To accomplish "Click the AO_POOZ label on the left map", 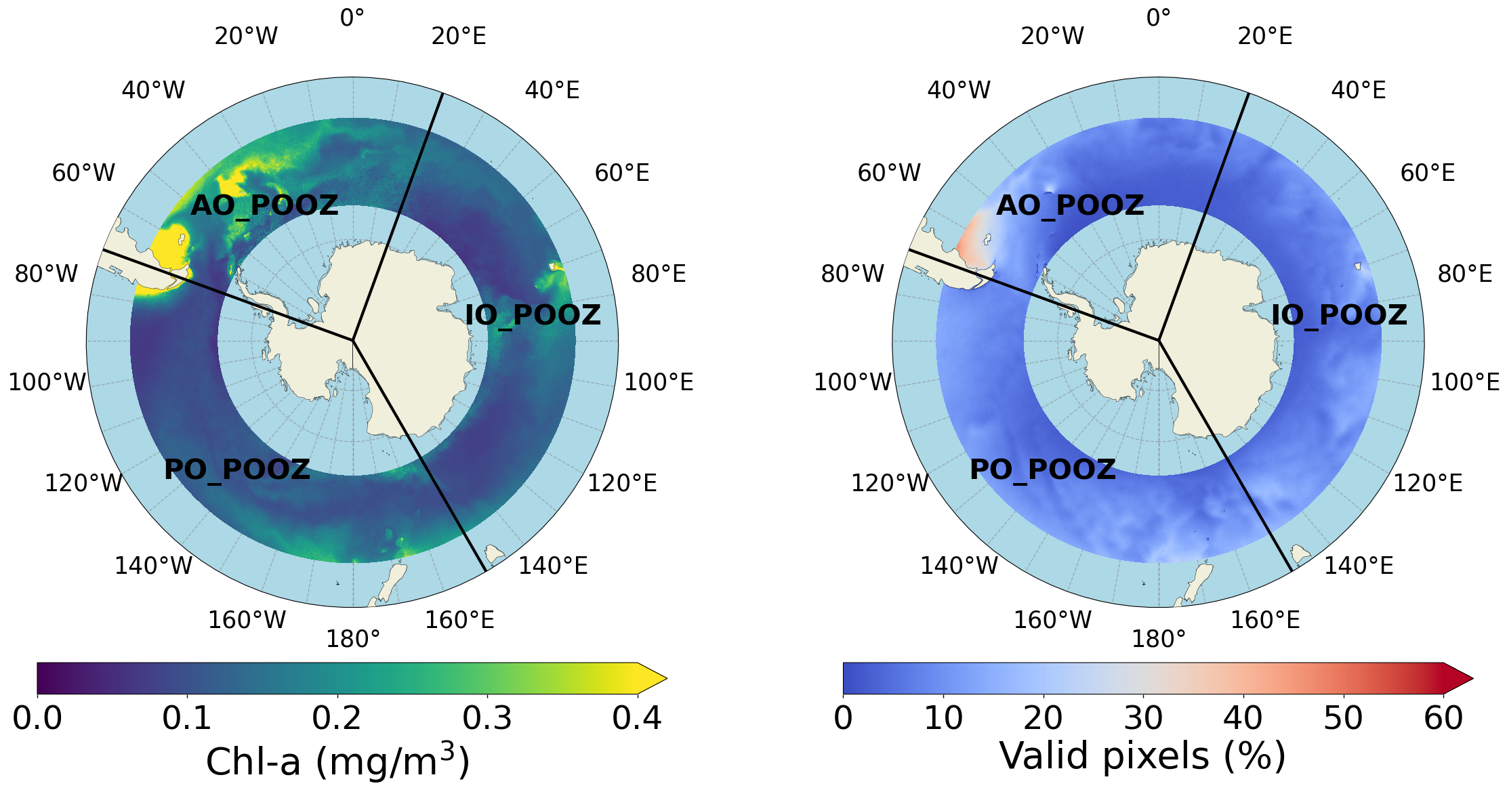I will [264, 205].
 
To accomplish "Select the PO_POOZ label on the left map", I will [237, 470].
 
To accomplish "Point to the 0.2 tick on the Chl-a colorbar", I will [337, 717].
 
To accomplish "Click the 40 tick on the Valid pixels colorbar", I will [1243, 717].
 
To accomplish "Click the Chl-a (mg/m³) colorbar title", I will [337, 762].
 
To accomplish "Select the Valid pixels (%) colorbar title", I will [1142, 756].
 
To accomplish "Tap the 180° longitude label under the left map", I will [353, 639].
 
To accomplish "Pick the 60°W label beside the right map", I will [889, 173].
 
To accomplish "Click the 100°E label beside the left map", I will [659, 382].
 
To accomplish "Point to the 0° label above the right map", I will [1159, 18].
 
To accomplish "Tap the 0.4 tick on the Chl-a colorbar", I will [637, 717].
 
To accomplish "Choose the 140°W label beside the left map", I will [153, 566].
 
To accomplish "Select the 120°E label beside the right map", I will [1428, 483].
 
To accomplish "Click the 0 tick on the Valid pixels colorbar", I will [844, 717].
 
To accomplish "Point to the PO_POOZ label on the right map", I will [1043, 470].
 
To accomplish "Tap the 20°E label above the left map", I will [459, 36].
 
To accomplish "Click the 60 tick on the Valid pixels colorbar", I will [1443, 717].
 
